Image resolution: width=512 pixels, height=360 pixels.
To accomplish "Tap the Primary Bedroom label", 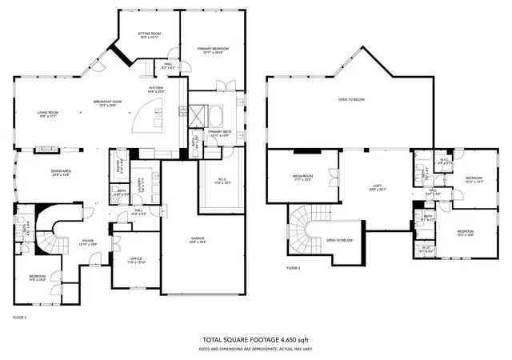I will (x=215, y=50).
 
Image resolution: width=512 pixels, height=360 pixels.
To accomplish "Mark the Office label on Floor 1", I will (x=126, y=260).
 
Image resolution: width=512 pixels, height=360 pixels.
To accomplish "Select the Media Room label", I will (x=302, y=177).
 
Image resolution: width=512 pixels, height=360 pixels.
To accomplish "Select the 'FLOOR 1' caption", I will (x=20, y=318).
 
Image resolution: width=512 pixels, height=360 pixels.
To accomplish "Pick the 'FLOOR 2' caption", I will (x=294, y=268).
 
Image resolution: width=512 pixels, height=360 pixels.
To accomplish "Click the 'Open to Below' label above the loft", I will (x=351, y=100).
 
